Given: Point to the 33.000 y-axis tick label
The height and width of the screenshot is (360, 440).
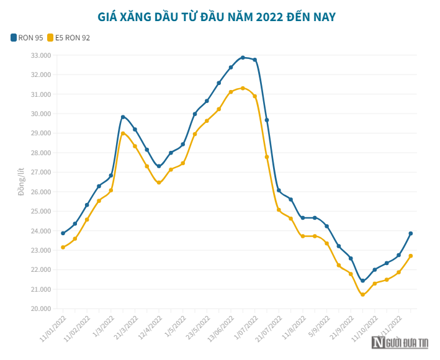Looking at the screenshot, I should pyautogui.click(x=41, y=55).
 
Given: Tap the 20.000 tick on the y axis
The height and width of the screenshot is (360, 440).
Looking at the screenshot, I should pyautogui.click(x=41, y=308).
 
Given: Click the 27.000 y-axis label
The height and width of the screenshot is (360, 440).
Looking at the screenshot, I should pyautogui.click(x=41, y=172).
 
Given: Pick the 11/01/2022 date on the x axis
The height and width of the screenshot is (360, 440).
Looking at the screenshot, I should pyautogui.click(x=55, y=326).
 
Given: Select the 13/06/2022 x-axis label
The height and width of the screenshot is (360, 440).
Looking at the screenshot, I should pyautogui.click(x=223, y=326).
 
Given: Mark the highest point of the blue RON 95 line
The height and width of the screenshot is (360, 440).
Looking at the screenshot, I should pyautogui.click(x=243, y=58).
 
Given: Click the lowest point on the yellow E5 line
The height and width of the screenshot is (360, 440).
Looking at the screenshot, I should pyautogui.click(x=363, y=294).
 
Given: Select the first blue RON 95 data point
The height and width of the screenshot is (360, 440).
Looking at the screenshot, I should pyautogui.click(x=63, y=233).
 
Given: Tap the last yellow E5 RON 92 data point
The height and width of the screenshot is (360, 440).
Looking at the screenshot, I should pyautogui.click(x=411, y=256).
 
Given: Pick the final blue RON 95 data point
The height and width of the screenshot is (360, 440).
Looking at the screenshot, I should pyautogui.click(x=411, y=233).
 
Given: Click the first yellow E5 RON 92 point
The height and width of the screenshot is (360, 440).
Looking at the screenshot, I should pyautogui.click(x=63, y=248).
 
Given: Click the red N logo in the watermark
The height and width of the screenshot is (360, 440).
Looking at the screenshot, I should pyautogui.click(x=378, y=342).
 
